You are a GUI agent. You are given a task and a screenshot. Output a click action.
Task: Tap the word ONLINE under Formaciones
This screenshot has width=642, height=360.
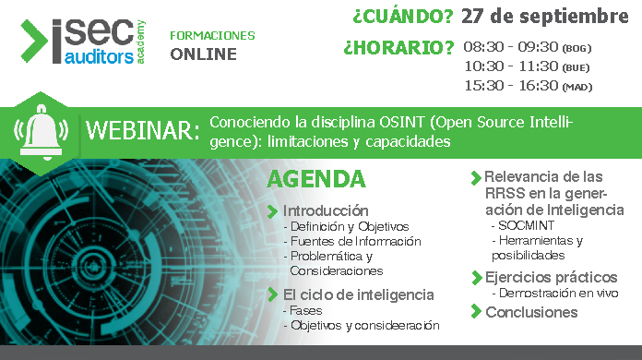point(203,54)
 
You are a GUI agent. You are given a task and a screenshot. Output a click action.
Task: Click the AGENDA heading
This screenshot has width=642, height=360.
point(316,179)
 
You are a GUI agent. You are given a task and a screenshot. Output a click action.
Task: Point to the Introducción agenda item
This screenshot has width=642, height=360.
point(326,210)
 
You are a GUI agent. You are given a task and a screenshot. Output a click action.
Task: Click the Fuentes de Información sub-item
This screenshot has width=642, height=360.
point(355,241)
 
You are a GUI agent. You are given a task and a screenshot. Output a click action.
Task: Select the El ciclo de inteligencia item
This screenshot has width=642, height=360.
point(358,294)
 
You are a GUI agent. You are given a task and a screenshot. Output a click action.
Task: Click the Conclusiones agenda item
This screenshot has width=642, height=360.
point(531,312)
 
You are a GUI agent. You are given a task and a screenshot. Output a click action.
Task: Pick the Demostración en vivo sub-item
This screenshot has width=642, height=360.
point(557,293)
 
